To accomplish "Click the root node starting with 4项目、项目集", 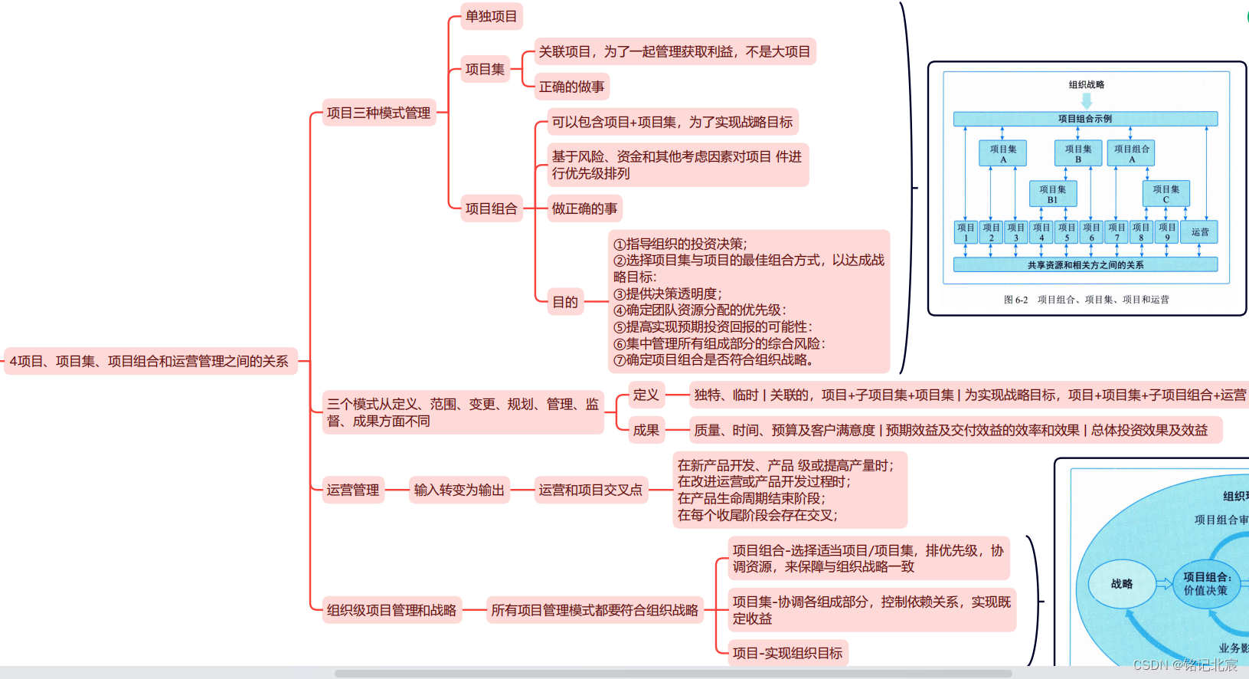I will tap(149, 361).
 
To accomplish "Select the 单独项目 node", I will tap(492, 16).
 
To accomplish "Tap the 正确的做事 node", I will tap(571, 87).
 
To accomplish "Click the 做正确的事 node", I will tap(584, 208).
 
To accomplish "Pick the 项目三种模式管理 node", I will tap(378, 113).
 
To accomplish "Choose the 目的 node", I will tap(565, 302).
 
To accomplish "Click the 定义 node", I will tap(646, 395).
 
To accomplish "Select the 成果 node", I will tap(646, 431).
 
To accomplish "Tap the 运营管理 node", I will tap(353, 490).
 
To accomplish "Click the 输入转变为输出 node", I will tap(459, 490).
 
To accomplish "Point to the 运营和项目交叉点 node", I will tap(590, 490).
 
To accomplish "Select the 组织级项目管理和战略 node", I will tap(391, 610).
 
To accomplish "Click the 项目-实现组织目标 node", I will tap(787, 653).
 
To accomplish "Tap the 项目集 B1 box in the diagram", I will tap(1052, 194).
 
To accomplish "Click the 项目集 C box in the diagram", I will tap(1166, 194).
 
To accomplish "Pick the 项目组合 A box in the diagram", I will tap(1131, 153).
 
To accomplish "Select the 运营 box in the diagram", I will tap(1199, 232).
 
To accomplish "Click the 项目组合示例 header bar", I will tap(1085, 119).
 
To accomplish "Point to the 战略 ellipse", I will tap(1121, 584).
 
